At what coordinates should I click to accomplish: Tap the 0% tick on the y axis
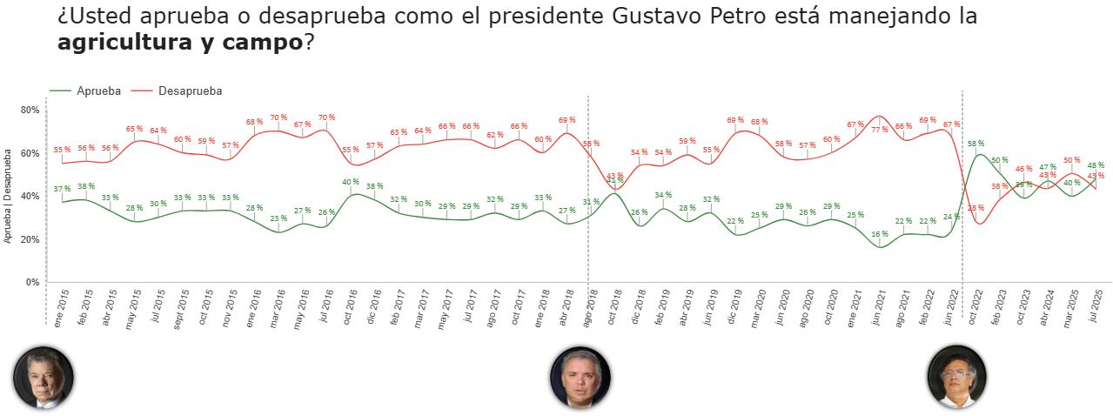point(32,283)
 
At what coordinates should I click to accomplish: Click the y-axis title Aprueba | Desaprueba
point(8,197)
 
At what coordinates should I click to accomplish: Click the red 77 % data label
point(880,130)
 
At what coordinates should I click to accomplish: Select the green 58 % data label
point(976,144)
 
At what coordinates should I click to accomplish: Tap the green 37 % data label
point(62,189)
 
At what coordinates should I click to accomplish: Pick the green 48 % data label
point(1096,164)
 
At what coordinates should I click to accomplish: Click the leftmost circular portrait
point(43,378)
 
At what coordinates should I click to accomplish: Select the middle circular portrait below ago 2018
point(580,378)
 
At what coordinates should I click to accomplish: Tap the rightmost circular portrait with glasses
point(957,377)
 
